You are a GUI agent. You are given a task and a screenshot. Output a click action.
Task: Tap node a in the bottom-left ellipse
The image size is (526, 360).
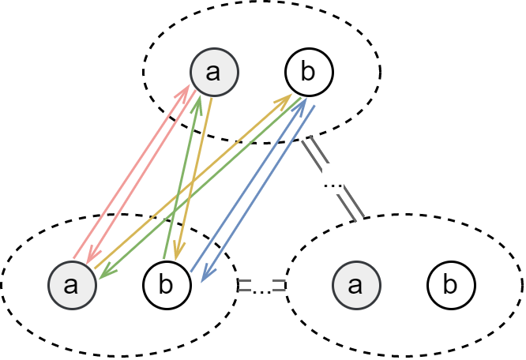pyautogui.click(x=72, y=284)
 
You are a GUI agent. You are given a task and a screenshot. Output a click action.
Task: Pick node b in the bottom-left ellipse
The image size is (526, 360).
pyautogui.click(x=167, y=284)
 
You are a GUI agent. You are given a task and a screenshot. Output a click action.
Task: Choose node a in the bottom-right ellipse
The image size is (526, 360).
pyautogui.click(x=356, y=284)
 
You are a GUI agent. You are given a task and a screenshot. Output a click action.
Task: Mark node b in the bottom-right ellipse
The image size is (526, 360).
pyautogui.click(x=451, y=284)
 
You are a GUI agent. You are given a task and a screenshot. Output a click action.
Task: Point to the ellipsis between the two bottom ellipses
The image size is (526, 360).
pyautogui.click(x=261, y=285)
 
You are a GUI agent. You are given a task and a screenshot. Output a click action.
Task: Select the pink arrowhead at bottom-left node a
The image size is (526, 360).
pyautogui.click(x=92, y=257)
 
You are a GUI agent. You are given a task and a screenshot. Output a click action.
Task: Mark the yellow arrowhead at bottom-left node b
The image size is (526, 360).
pyautogui.click(x=178, y=254)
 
